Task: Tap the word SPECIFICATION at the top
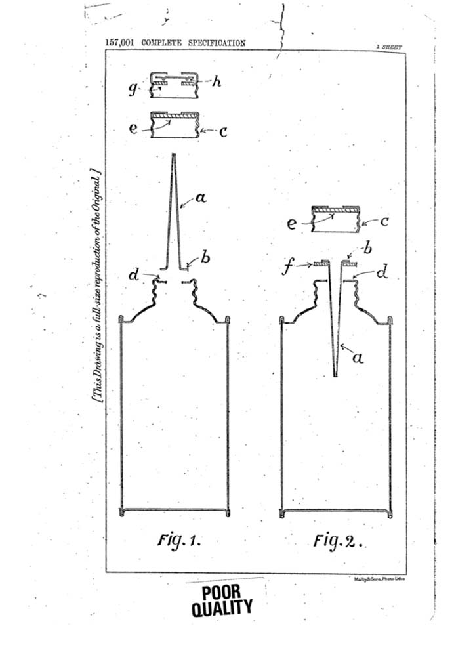[217, 43]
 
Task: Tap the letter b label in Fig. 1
[205, 257]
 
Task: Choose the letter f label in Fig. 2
[287, 267]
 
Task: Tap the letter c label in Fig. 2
[384, 221]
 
